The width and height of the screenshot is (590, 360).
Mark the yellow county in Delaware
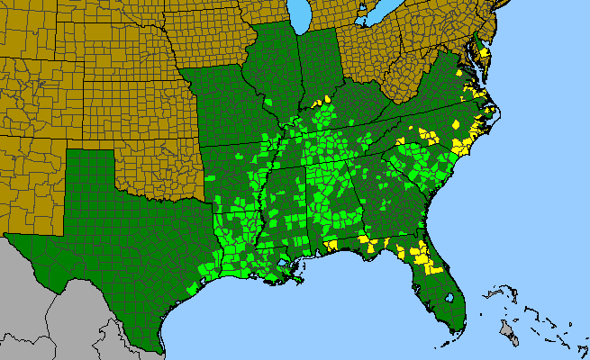tap(485, 54)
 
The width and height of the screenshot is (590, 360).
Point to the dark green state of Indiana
tap(320, 72)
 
